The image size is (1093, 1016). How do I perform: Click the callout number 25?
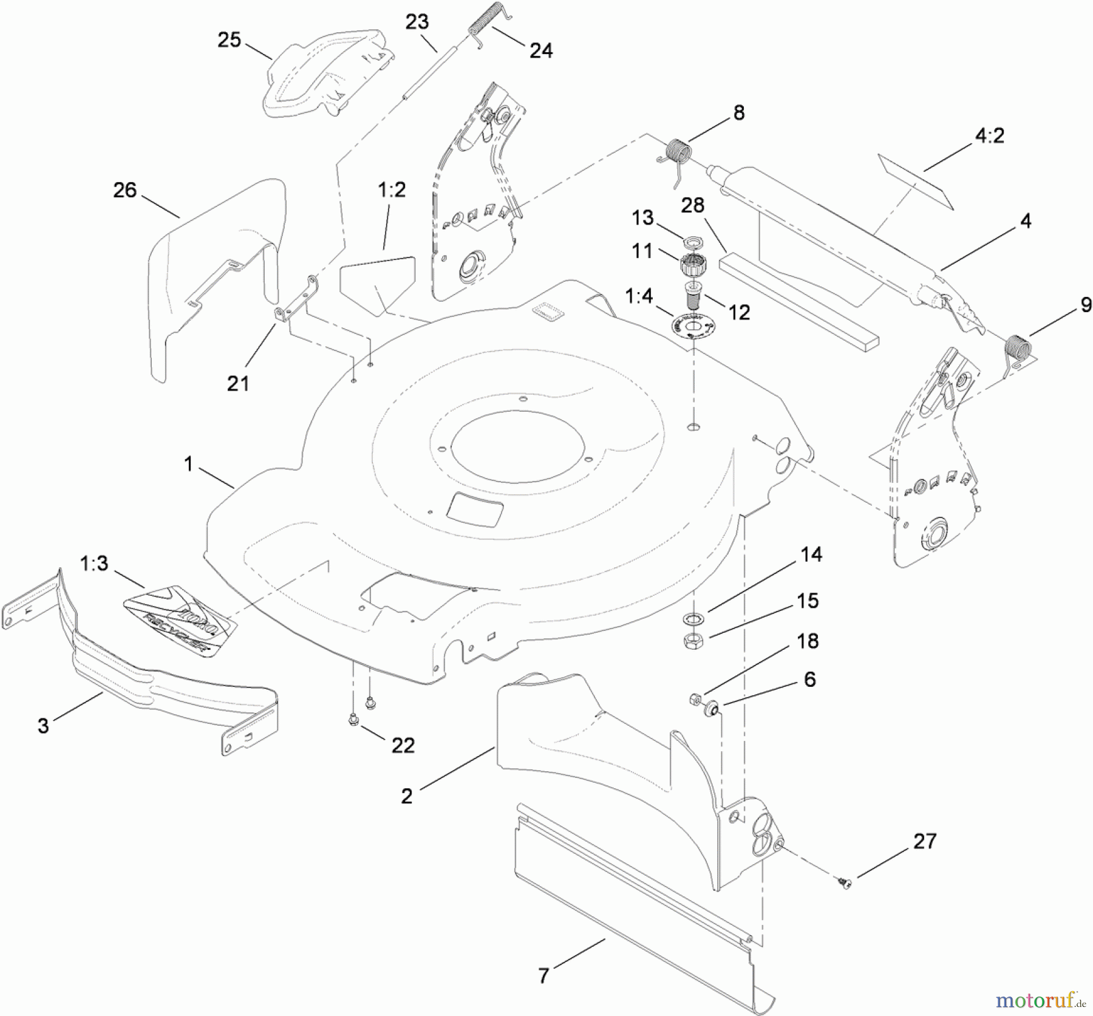coord(229,40)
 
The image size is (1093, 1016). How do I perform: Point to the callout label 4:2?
coord(989,135)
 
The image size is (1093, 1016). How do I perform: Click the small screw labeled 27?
coord(844,880)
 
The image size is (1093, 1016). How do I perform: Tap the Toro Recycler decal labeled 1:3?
coord(180,619)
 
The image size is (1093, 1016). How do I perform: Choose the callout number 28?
coord(692,205)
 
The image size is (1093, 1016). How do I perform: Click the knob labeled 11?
coord(692,265)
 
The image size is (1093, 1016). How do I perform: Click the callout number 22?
coord(403,745)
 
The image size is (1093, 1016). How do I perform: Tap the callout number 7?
coord(544,975)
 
